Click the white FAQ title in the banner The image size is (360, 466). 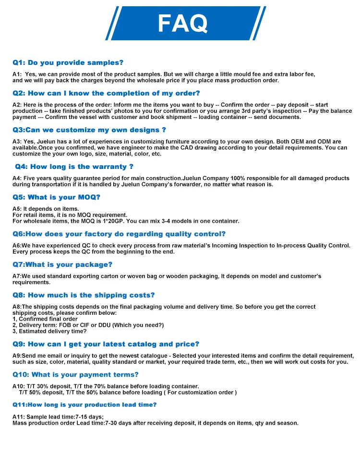(183, 23)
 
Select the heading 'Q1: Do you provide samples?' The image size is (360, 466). (68, 62)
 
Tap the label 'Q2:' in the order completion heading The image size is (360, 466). (19, 93)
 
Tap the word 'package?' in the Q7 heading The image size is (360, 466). (96, 264)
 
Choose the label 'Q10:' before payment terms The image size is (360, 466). (21, 374)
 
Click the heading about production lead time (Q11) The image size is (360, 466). (84, 405)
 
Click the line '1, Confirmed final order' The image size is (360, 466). (45, 319)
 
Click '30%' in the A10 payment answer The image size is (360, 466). (43, 386)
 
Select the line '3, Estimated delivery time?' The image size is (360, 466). (49, 331)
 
